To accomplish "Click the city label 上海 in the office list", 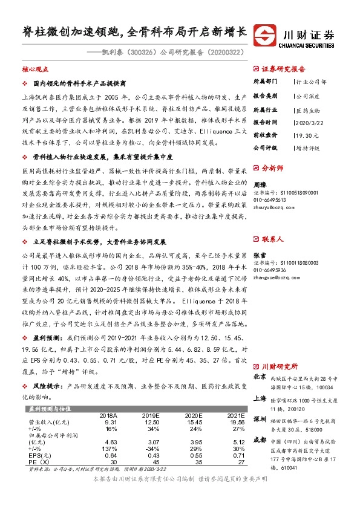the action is click(x=259, y=398).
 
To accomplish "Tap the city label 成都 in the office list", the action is click(x=259, y=441).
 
